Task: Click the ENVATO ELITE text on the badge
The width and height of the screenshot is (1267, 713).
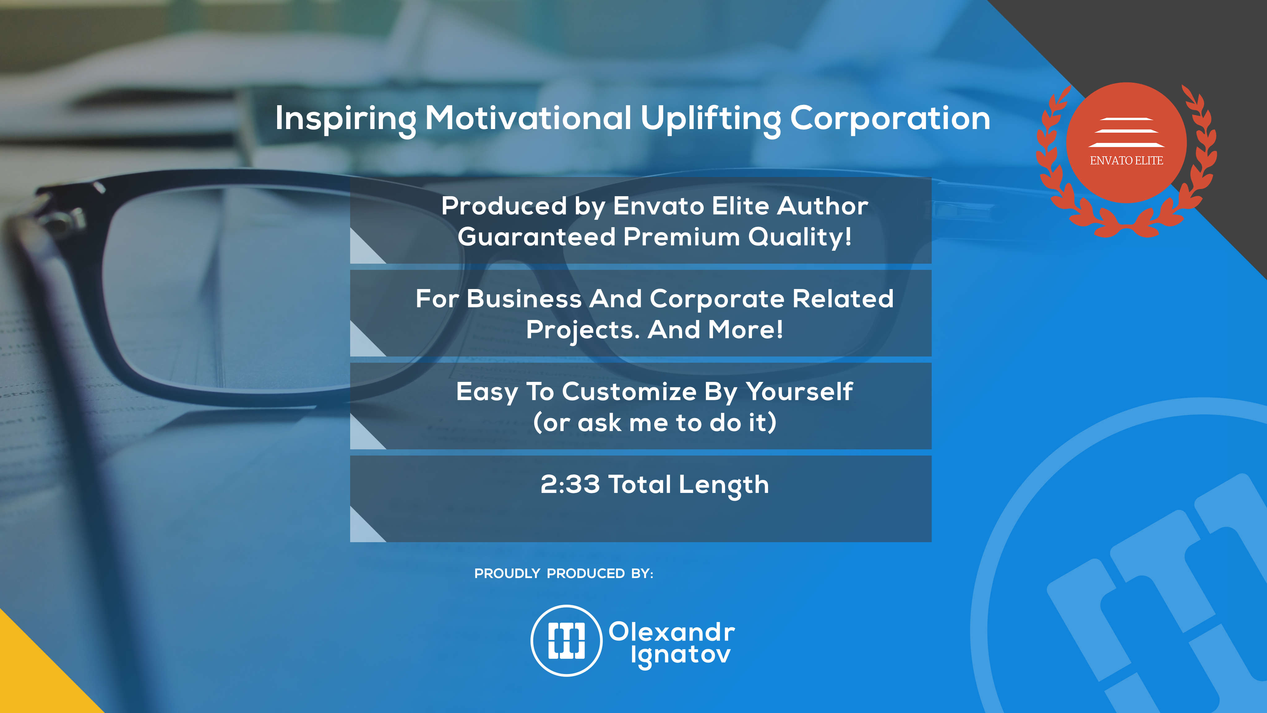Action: tap(1126, 160)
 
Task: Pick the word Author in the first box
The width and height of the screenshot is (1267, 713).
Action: tap(822, 206)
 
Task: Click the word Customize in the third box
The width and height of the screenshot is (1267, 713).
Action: tap(629, 392)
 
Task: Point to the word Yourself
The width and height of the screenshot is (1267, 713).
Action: tap(799, 392)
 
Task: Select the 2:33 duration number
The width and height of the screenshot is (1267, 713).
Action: tap(570, 484)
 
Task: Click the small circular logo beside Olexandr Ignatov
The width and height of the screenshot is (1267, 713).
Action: tap(567, 640)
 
